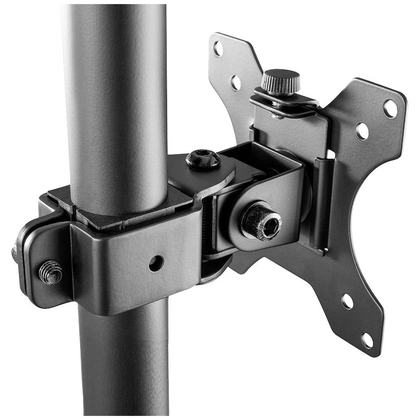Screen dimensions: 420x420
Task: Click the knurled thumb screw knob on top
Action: coord(281,81)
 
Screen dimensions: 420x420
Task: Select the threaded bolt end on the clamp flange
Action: coord(50,272)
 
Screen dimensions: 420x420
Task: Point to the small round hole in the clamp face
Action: coord(156,263)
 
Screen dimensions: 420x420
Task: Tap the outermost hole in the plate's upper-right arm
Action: coord(390,109)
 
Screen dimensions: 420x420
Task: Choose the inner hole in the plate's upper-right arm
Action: coord(362,131)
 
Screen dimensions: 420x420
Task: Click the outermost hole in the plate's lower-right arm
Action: coord(367,340)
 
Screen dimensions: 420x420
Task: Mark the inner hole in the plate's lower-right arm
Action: coord(347,301)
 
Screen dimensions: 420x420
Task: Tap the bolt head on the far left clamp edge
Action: coord(15,252)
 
